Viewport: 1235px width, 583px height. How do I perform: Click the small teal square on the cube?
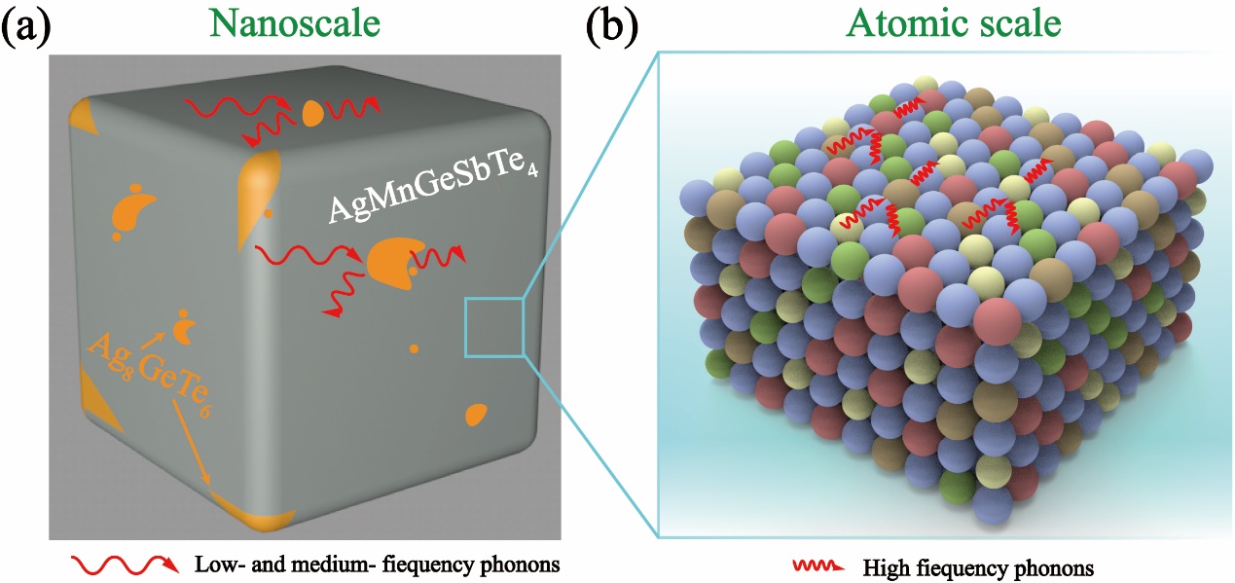494,327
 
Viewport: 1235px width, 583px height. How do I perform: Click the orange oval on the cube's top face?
311,113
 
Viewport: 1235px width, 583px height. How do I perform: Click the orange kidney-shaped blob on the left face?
132,210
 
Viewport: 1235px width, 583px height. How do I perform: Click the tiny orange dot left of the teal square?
415,347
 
